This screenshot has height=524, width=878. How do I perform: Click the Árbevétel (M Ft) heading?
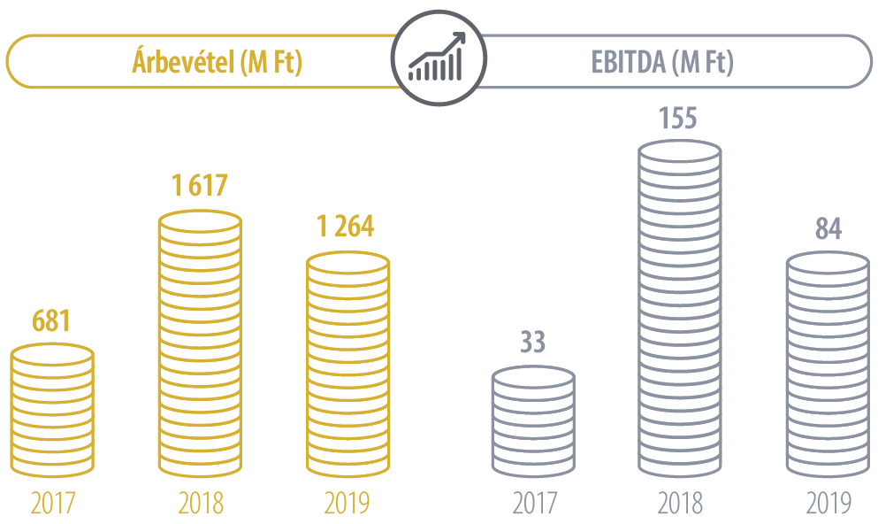click(217, 62)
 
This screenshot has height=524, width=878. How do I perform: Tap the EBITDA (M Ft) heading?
click(661, 62)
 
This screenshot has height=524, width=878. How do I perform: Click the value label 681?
click(52, 320)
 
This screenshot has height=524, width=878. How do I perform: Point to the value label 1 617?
click(199, 185)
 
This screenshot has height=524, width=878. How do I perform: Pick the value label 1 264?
click(347, 227)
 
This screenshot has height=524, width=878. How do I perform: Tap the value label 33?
click(532, 342)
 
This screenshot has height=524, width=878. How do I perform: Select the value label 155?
click(679, 119)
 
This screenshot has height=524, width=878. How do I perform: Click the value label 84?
click(828, 227)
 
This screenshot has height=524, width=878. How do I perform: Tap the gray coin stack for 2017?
click(533, 420)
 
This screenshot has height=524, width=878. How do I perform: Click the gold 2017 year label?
click(52, 503)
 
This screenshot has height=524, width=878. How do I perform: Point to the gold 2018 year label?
click(200, 503)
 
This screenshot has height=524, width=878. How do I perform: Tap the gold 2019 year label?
click(347, 503)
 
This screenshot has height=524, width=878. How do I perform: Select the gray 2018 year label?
click(680, 503)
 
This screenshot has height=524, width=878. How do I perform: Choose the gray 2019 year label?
click(828, 503)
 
